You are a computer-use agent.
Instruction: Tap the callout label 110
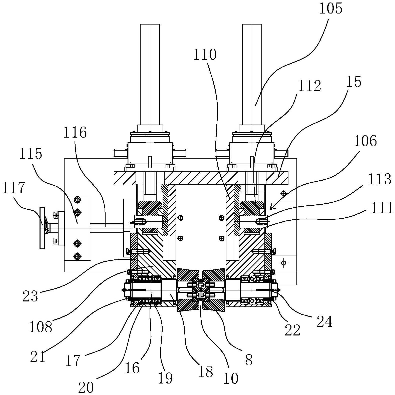(x=204, y=55)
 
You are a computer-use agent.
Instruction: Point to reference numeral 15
(x=354, y=82)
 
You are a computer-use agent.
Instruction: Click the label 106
(x=365, y=141)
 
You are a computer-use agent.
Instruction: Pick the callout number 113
(x=379, y=179)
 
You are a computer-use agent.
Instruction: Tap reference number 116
(x=75, y=133)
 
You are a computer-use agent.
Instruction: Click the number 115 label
(x=31, y=154)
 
